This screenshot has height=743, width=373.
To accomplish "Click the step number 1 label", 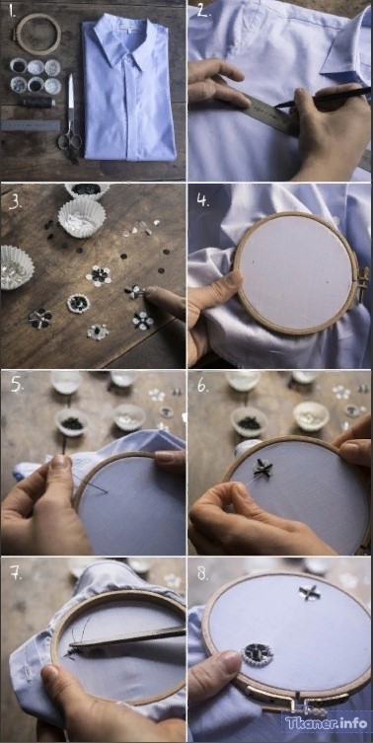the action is pos(11,12).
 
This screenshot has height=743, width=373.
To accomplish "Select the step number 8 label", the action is pos(203,574).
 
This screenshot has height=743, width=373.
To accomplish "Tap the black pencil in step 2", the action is pos(322,97).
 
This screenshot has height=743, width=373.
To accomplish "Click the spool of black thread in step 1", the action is pos(37,103).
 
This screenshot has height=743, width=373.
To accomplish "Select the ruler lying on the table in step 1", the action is pos(30,125).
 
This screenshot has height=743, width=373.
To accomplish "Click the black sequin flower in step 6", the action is pos(262,468).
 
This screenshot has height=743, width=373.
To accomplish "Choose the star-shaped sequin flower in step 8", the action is pos(309,592).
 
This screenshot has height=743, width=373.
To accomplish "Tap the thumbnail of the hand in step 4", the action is pos(232,278).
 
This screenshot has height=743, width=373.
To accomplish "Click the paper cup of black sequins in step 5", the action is pos(72,421).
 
